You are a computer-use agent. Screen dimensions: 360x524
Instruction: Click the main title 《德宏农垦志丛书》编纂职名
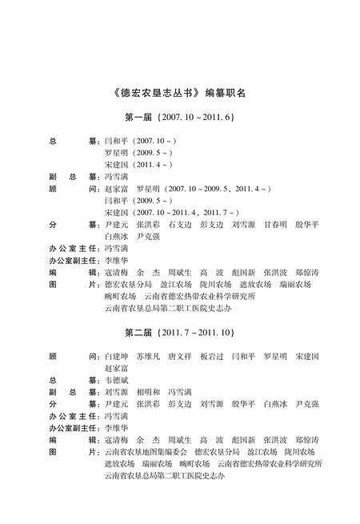[179, 92]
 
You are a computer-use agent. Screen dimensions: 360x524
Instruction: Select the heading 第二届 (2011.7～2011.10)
[179, 332]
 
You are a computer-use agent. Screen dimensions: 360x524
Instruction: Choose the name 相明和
[149, 392]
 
